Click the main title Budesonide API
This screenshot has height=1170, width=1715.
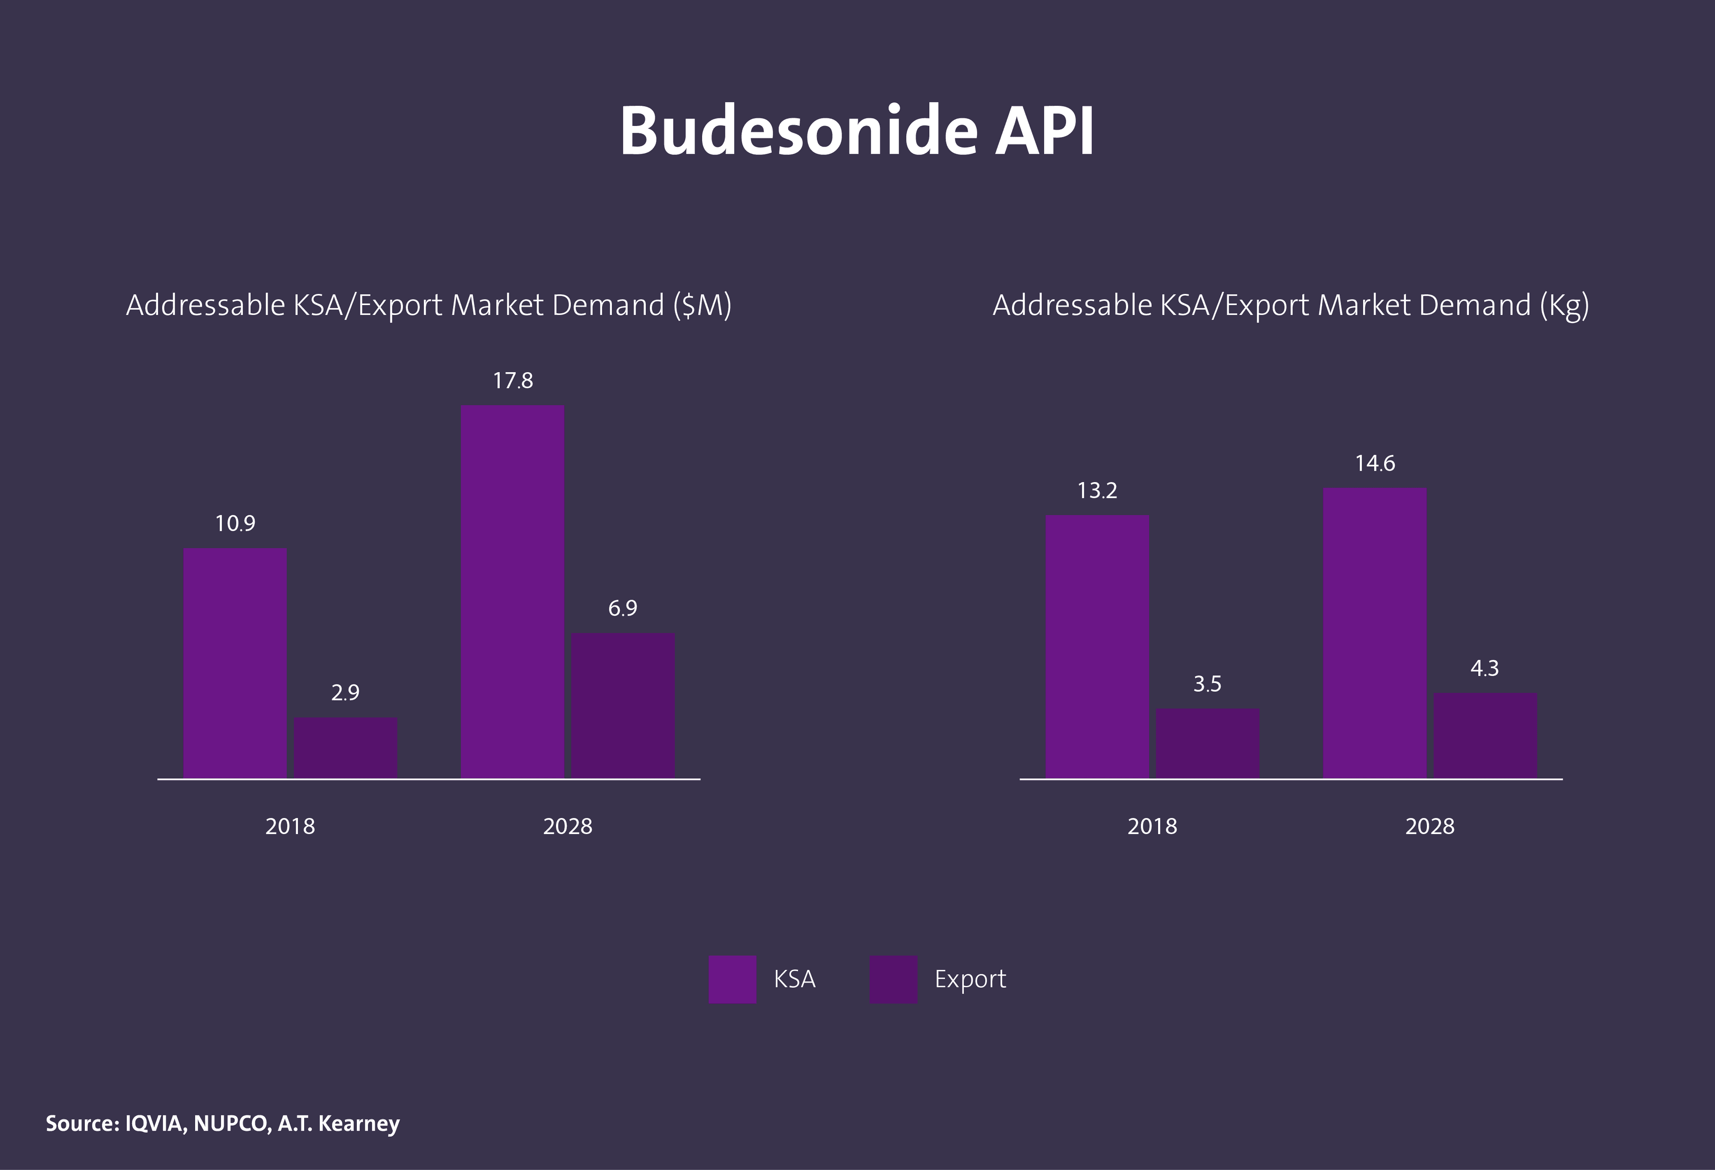(x=856, y=131)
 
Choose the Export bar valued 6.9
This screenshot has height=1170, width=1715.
(x=623, y=705)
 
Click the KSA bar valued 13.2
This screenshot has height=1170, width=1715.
(x=1097, y=646)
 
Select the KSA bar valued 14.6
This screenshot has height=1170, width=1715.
(x=1375, y=633)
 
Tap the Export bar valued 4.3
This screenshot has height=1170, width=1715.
(x=1485, y=735)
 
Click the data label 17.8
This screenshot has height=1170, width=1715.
(x=513, y=381)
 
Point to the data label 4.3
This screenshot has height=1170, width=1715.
(x=1485, y=669)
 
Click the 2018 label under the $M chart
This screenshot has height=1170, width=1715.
(x=290, y=826)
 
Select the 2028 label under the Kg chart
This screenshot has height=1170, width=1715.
(x=1430, y=826)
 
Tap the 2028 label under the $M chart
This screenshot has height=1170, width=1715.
(x=568, y=826)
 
